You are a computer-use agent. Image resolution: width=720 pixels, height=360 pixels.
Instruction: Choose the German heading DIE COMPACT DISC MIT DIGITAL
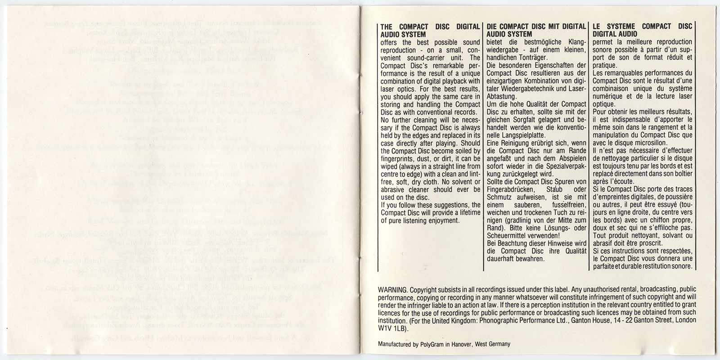click(536, 27)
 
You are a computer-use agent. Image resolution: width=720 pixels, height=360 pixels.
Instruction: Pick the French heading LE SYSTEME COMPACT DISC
click(643, 27)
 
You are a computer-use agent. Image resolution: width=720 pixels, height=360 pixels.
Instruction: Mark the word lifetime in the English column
click(468, 213)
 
